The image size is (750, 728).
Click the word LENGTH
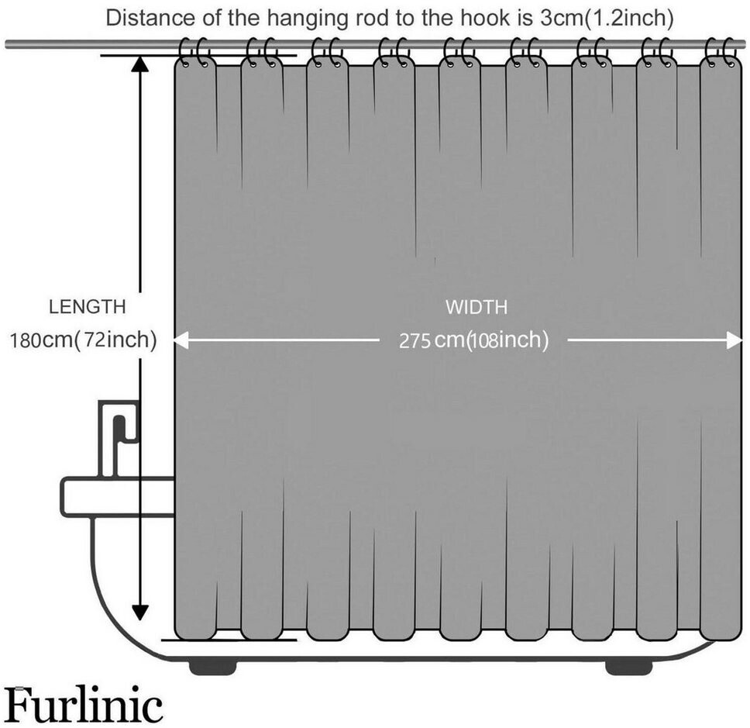point(87,307)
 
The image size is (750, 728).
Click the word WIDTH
point(476,307)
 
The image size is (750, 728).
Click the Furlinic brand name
point(84,706)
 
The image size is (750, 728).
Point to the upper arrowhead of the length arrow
point(139,64)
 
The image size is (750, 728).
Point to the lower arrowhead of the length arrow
point(139,612)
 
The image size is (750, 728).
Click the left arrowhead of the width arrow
point(181,340)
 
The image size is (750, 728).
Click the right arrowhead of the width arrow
point(735,340)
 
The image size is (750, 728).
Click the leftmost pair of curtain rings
point(194,53)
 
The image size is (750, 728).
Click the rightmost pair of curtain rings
point(722,53)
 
